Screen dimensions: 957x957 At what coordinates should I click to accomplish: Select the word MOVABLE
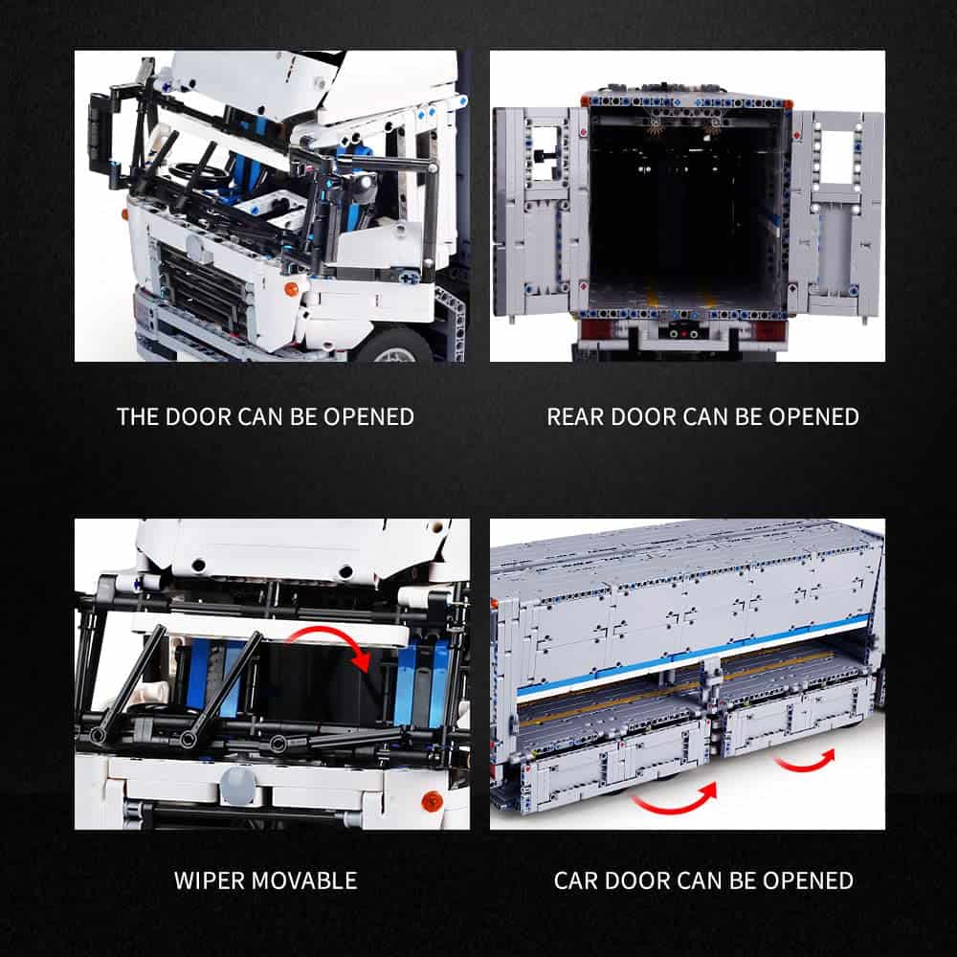click(304, 880)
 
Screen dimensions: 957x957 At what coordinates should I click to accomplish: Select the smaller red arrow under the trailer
click(805, 761)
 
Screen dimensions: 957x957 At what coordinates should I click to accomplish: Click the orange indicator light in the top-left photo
click(292, 289)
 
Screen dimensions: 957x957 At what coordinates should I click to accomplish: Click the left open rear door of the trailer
click(540, 211)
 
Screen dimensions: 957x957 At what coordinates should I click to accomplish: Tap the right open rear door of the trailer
click(835, 211)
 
